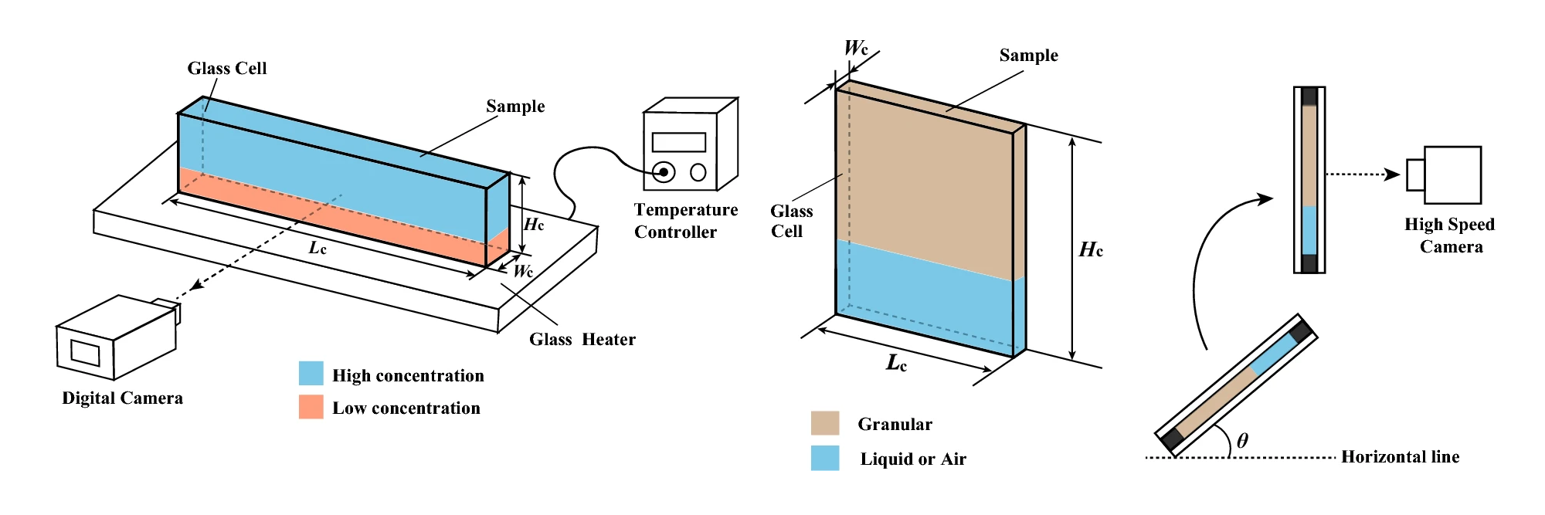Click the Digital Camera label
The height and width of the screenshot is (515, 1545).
(123, 398)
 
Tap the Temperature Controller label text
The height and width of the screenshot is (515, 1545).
(685, 221)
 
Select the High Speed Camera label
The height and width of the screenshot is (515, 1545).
(1449, 235)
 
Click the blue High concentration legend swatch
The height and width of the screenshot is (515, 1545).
(311, 374)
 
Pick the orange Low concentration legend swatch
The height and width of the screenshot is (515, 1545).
(311, 407)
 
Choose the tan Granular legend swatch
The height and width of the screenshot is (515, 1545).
(825, 423)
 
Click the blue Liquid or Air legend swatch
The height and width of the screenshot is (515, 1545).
(825, 458)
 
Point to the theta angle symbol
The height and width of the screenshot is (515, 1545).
(1242, 441)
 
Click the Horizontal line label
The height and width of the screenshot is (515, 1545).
(1400, 457)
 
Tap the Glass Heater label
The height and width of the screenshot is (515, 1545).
(582, 340)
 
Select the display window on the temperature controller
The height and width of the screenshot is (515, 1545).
(679, 142)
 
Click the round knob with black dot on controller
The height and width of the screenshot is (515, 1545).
(664, 171)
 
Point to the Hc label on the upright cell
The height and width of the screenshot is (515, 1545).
(1091, 249)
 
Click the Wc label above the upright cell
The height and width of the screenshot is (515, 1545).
(856, 48)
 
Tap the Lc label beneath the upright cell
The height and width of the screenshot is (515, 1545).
(896, 363)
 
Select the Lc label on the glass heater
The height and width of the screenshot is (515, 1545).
(317, 248)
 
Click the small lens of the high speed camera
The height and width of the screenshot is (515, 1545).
(1415, 174)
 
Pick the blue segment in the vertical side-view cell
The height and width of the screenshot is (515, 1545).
(1309, 230)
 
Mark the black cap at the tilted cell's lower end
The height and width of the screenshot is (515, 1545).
(1173, 439)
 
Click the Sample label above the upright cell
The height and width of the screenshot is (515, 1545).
(1028, 56)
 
